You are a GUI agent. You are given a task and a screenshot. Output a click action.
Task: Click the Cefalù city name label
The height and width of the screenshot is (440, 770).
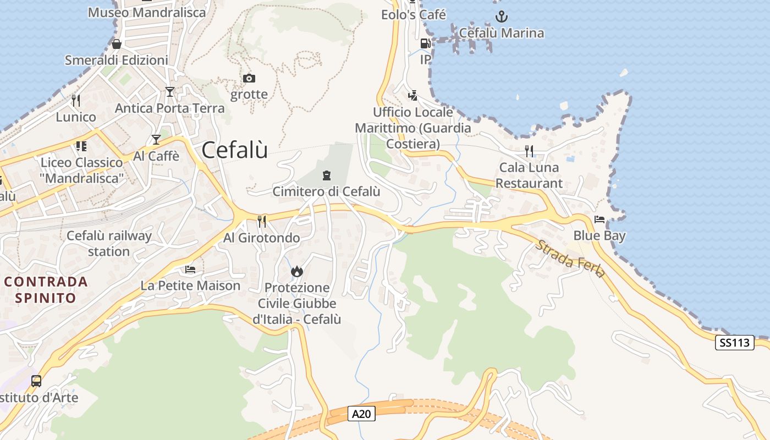tap(235, 150)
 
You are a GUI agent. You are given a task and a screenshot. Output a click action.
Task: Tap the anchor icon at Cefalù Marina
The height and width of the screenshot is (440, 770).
tap(501, 16)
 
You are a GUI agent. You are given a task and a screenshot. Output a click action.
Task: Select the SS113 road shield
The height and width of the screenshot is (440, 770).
tap(735, 343)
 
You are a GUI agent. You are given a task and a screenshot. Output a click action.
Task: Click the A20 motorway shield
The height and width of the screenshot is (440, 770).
tap(361, 414)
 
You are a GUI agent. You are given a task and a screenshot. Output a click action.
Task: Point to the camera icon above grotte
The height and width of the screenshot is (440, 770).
tap(249, 78)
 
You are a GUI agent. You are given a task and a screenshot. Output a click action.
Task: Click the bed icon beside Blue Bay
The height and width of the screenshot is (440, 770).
tap(599, 219)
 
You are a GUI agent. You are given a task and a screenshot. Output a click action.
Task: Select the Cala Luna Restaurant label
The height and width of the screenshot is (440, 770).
tap(529, 175)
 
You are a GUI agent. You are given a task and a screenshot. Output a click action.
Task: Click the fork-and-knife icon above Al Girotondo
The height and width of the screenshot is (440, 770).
tap(262, 221)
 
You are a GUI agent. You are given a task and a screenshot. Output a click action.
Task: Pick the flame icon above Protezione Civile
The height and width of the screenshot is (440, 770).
tap(297, 271)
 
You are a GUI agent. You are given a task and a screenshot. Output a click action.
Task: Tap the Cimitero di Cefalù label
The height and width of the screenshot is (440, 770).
tap(327, 191)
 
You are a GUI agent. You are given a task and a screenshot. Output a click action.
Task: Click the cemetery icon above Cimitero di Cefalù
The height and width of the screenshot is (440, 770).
tap(327, 175)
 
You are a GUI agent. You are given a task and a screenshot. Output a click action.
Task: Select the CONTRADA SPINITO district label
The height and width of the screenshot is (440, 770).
tap(46, 290)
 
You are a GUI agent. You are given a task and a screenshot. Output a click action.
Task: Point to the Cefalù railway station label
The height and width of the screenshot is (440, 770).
tap(109, 244)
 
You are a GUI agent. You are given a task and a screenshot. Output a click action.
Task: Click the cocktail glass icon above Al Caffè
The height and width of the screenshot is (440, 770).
tap(156, 140)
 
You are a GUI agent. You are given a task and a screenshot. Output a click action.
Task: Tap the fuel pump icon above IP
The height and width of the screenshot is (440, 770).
tap(425, 43)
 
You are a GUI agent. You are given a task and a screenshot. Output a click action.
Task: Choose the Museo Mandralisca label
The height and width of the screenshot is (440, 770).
tap(147, 12)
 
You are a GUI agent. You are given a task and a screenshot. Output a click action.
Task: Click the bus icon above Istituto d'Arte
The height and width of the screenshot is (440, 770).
tap(36, 381)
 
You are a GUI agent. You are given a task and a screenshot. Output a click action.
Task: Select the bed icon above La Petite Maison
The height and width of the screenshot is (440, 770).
tap(190, 269)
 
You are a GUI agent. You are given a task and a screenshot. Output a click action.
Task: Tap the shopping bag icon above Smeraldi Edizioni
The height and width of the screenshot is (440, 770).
tap(117, 44)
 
